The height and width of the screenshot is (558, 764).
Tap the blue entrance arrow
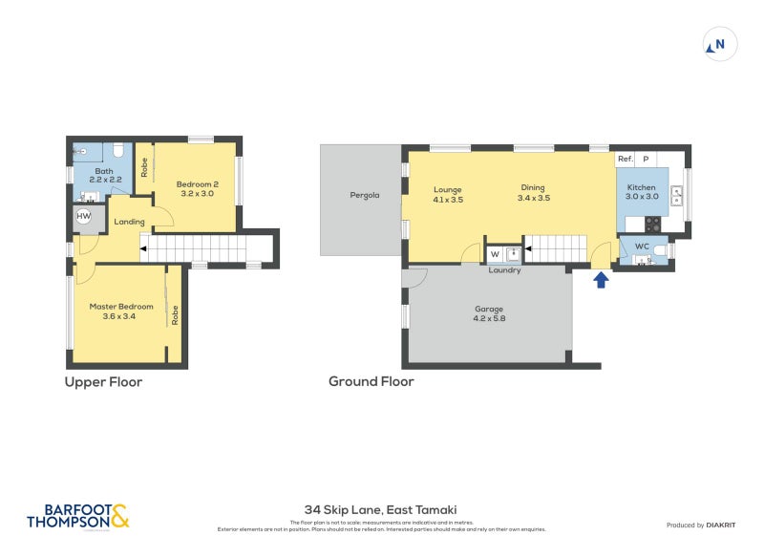[601, 280]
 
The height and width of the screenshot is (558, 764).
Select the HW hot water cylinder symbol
[84, 217]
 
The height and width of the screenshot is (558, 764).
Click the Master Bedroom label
[121, 311]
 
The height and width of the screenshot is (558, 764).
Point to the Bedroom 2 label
[198, 188]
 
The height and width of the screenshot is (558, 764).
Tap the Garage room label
[489, 313]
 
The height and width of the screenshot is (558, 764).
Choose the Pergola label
[364, 195]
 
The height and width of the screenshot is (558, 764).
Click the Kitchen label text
[641, 192]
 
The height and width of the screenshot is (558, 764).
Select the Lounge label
[447, 193]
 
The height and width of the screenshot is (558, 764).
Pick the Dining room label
[534, 193]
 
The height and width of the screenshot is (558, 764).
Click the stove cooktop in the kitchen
[653, 225]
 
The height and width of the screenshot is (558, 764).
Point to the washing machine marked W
[494, 254]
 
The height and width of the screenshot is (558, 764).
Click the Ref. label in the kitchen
[625, 159]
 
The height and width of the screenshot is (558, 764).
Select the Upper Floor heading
[103, 382]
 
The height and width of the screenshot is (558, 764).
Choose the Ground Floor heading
[371, 382]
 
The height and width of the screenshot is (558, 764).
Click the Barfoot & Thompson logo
[77, 516]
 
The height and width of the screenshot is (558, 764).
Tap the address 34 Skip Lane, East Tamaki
[381, 510]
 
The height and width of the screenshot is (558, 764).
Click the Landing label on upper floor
[129, 222]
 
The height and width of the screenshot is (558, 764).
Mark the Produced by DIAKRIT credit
[699, 526]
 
